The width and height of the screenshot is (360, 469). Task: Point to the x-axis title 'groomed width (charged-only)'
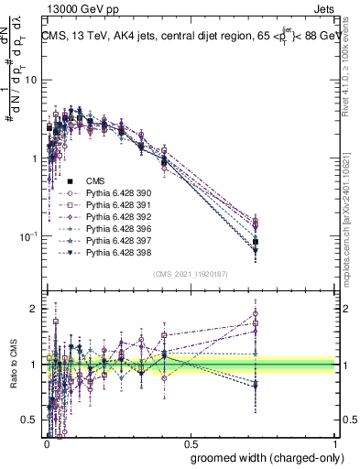(x=262, y=455)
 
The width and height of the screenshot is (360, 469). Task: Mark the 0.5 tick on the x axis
(x=190, y=442)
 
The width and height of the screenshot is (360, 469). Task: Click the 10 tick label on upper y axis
(x=29, y=80)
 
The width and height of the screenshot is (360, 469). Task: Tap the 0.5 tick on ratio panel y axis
(x=29, y=420)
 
